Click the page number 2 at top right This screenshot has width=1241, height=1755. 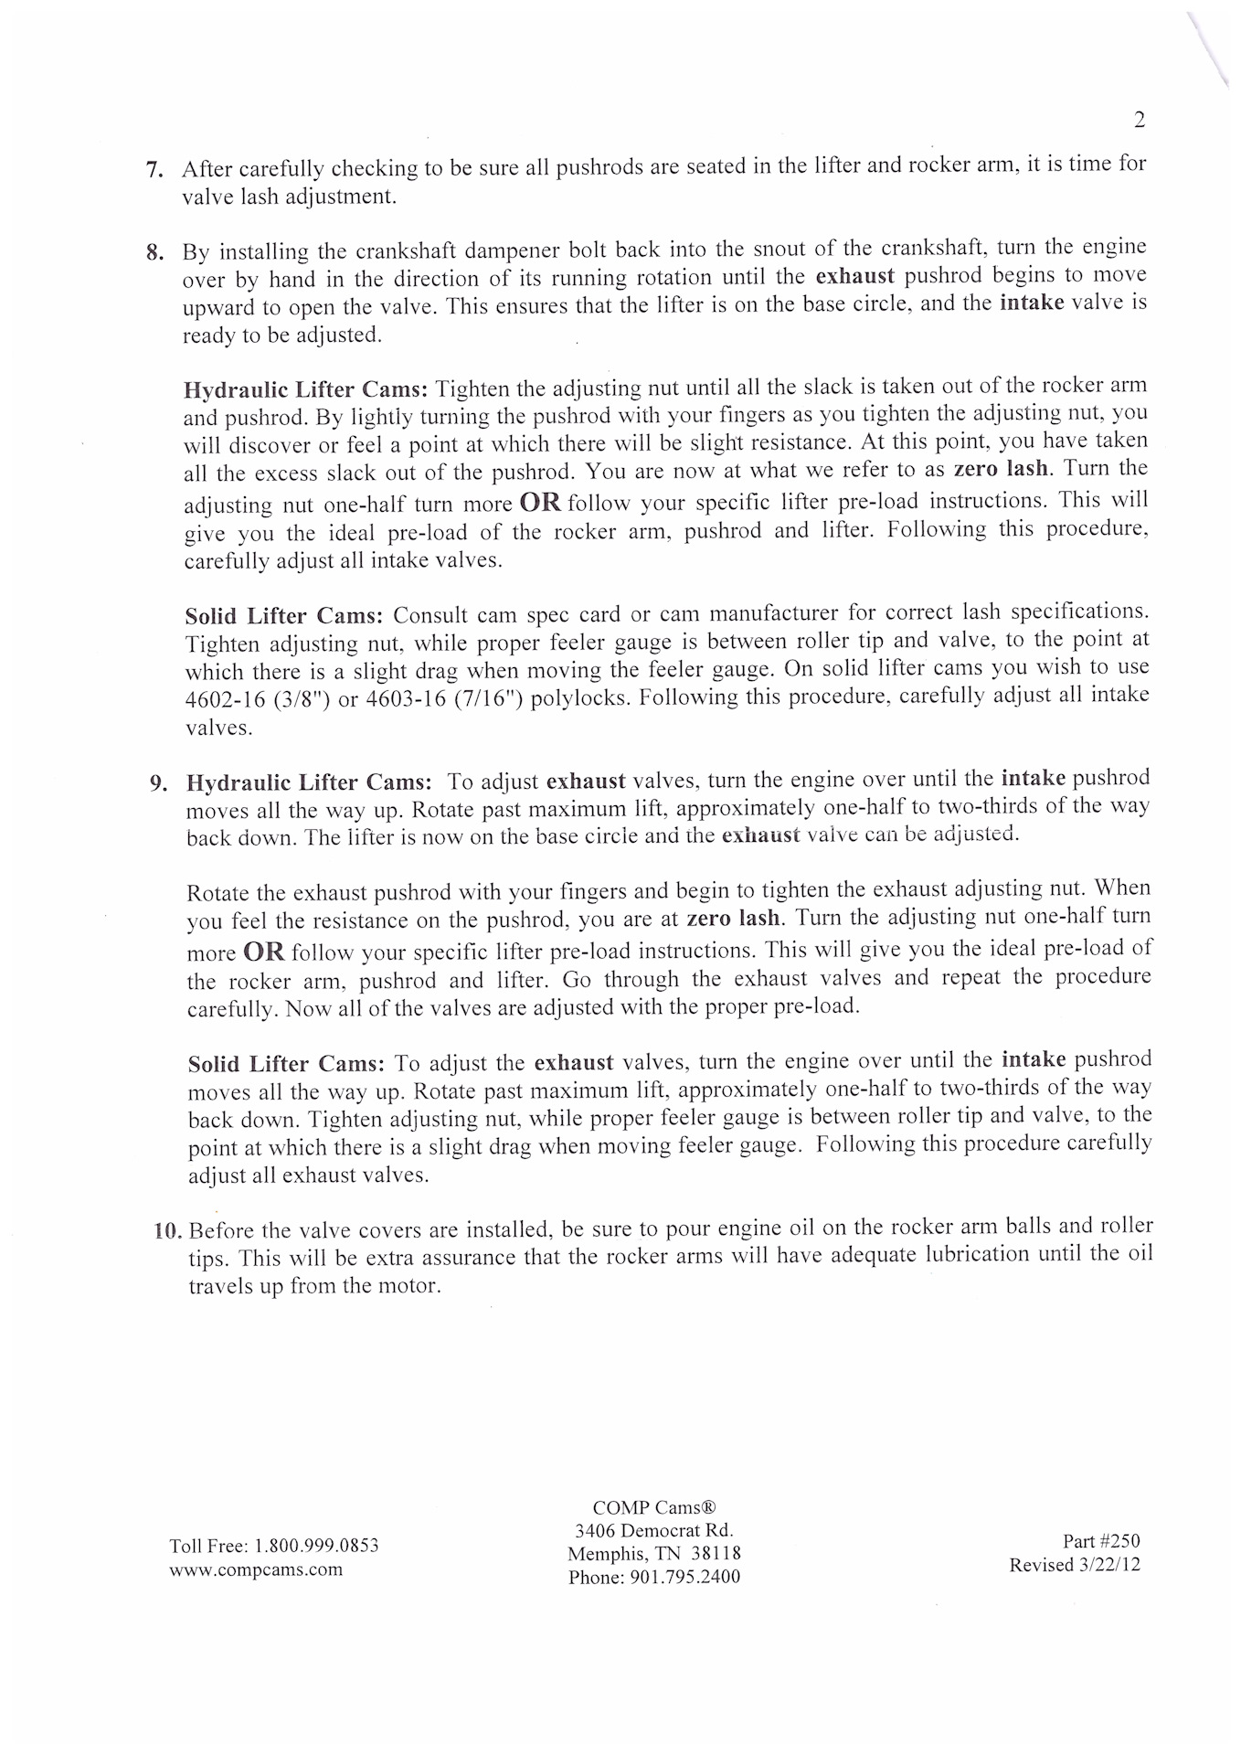[1139, 120]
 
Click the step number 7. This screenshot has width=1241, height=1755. [154, 170]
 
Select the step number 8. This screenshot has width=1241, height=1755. [154, 252]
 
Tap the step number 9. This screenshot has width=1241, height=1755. [157, 783]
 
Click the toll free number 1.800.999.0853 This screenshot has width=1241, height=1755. [316, 1546]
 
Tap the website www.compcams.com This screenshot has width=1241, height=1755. [256, 1569]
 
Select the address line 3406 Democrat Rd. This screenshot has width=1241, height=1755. [653, 1530]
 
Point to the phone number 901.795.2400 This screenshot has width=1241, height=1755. [684, 1577]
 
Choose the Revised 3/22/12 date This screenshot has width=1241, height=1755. [1074, 1565]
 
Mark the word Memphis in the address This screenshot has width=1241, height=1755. [607, 1554]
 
